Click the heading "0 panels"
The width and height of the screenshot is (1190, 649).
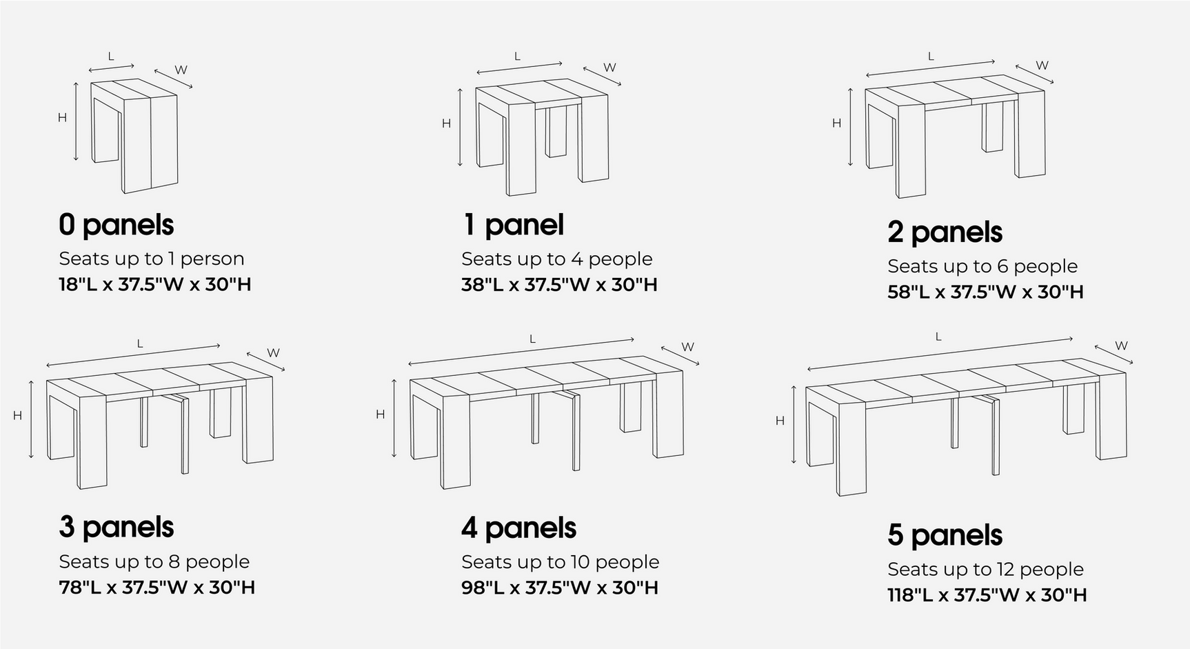pyautogui.click(x=116, y=225)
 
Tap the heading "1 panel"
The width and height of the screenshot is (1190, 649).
pyautogui.click(x=513, y=225)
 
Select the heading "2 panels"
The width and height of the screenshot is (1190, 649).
pyautogui.click(x=945, y=232)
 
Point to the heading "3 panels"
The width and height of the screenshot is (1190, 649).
pyautogui.click(x=116, y=528)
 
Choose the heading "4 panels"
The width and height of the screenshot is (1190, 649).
pyautogui.click(x=518, y=528)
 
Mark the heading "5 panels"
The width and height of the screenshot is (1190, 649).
pyautogui.click(x=945, y=535)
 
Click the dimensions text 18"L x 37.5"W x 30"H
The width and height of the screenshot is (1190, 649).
pyautogui.click(x=155, y=284)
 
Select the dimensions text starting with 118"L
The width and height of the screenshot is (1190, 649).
pyautogui.click(x=987, y=595)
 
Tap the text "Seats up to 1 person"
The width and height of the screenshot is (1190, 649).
pyautogui.click(x=152, y=259)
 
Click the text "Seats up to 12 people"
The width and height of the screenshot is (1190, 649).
pyautogui.click(x=985, y=569)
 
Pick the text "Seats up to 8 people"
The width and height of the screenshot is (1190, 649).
pyautogui.click(x=154, y=561)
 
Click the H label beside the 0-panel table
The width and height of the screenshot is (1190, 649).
pyautogui.click(x=62, y=118)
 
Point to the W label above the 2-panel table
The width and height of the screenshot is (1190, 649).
pyautogui.click(x=1042, y=66)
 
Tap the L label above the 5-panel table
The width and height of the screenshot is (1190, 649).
pyautogui.click(x=938, y=337)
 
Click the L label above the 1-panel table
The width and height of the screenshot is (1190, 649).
pyautogui.click(x=517, y=57)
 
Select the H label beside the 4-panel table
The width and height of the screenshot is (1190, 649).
pyautogui.click(x=380, y=415)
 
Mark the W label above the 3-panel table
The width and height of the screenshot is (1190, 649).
pyautogui.click(x=273, y=353)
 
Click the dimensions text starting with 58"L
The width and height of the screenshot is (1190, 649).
pyautogui.click(x=985, y=292)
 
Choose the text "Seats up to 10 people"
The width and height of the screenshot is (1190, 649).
pyautogui.click(x=560, y=562)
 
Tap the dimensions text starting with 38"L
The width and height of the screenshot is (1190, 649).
pyautogui.click(x=559, y=284)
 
